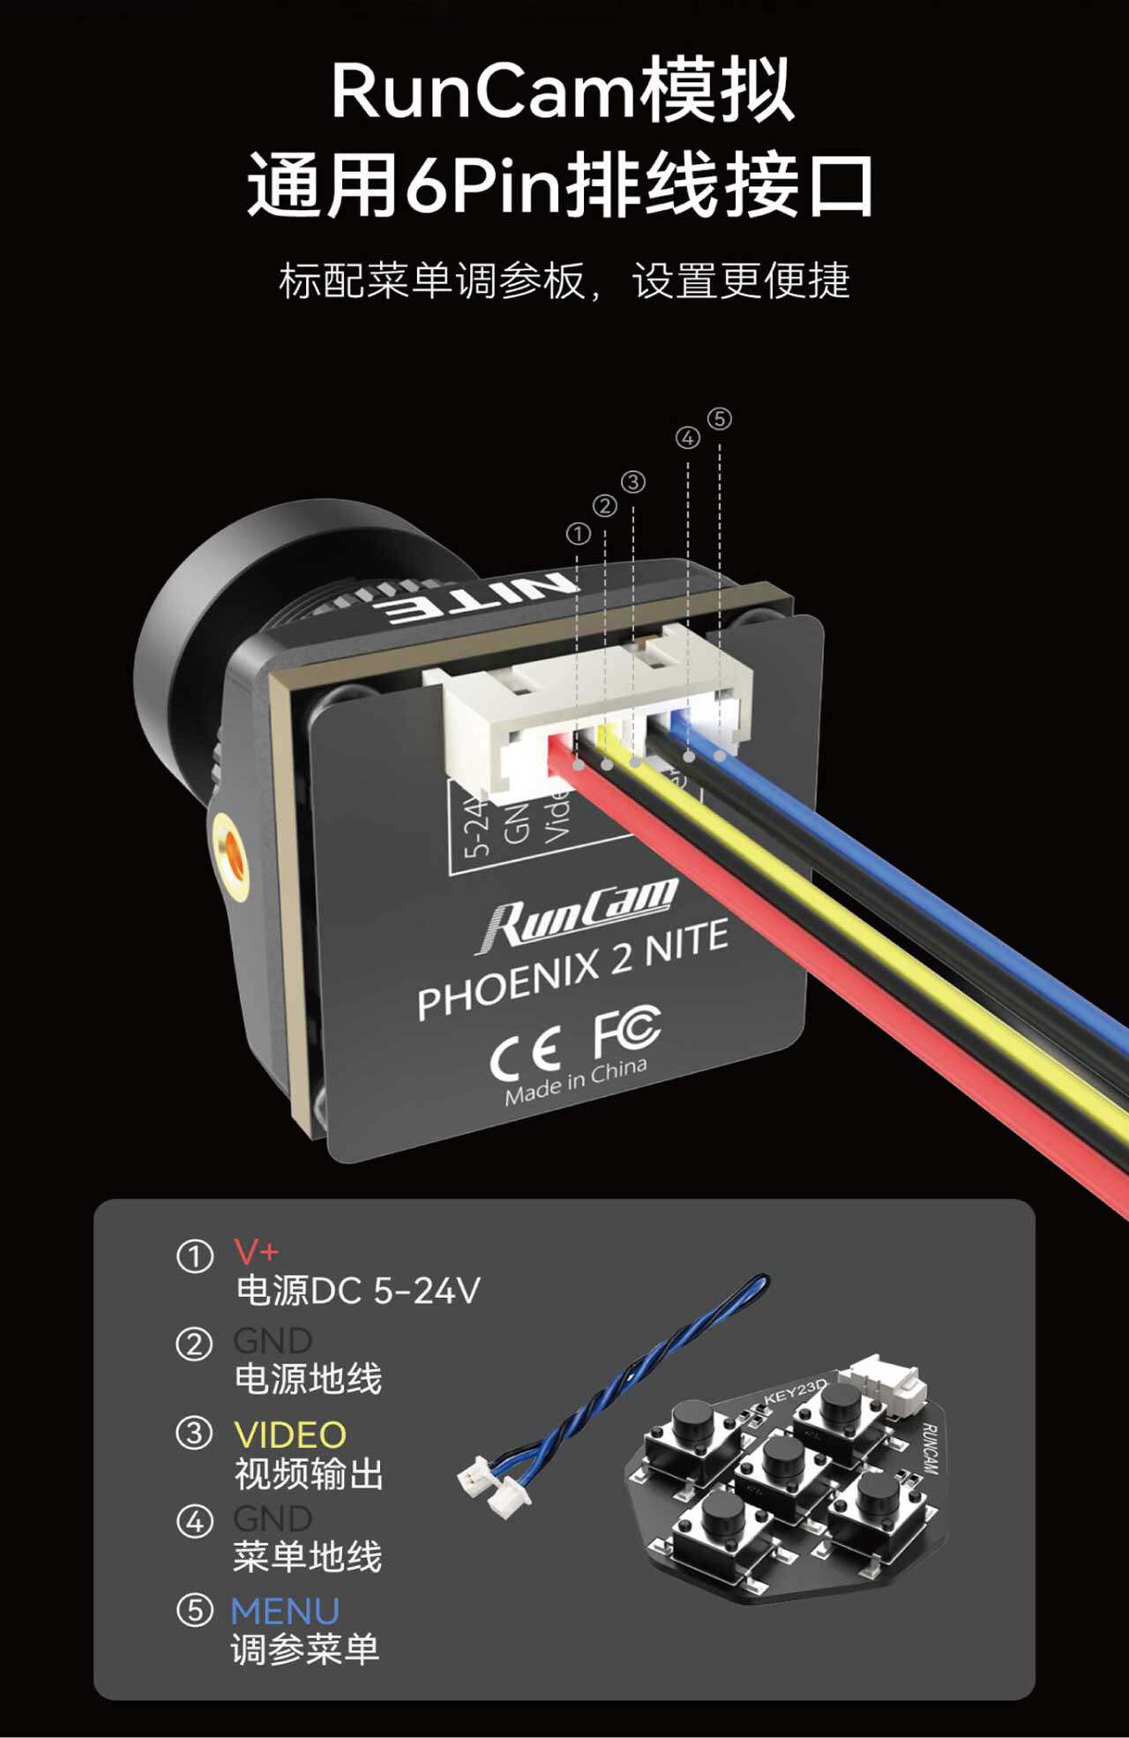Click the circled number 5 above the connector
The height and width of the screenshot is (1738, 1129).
(720, 419)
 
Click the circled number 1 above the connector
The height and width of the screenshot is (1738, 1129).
(578, 533)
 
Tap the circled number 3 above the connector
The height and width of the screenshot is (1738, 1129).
(633, 482)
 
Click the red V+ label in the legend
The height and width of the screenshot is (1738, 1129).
(257, 1251)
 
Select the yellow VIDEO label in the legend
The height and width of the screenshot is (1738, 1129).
(290, 1435)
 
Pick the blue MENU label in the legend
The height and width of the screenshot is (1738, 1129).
(285, 1611)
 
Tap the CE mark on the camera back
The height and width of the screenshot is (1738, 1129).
(526, 1054)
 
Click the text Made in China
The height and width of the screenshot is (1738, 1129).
(576, 1082)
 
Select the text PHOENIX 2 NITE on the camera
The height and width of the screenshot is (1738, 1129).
(573, 969)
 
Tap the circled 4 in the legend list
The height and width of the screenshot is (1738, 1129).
(195, 1521)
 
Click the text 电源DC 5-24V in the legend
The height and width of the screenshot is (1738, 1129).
(357, 1291)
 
